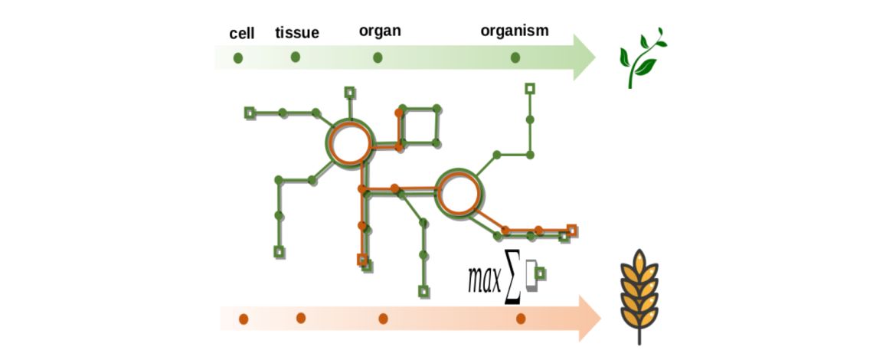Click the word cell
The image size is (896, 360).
[242, 34]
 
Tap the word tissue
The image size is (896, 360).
[297, 32]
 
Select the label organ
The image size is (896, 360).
[380, 31]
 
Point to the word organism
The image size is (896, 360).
[515, 31]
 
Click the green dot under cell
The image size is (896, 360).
[238, 57]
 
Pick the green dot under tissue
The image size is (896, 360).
[296, 57]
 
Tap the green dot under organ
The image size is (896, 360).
[378, 57]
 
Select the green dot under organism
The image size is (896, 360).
[515, 57]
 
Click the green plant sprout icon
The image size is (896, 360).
[642, 58]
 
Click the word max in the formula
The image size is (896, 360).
[485, 280]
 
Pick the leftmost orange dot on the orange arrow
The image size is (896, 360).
[242, 318]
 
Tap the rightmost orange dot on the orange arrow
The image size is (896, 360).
[522, 318]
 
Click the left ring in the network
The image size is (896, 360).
[350, 142]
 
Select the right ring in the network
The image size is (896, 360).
[460, 192]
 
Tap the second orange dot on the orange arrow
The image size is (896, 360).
[301, 317]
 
